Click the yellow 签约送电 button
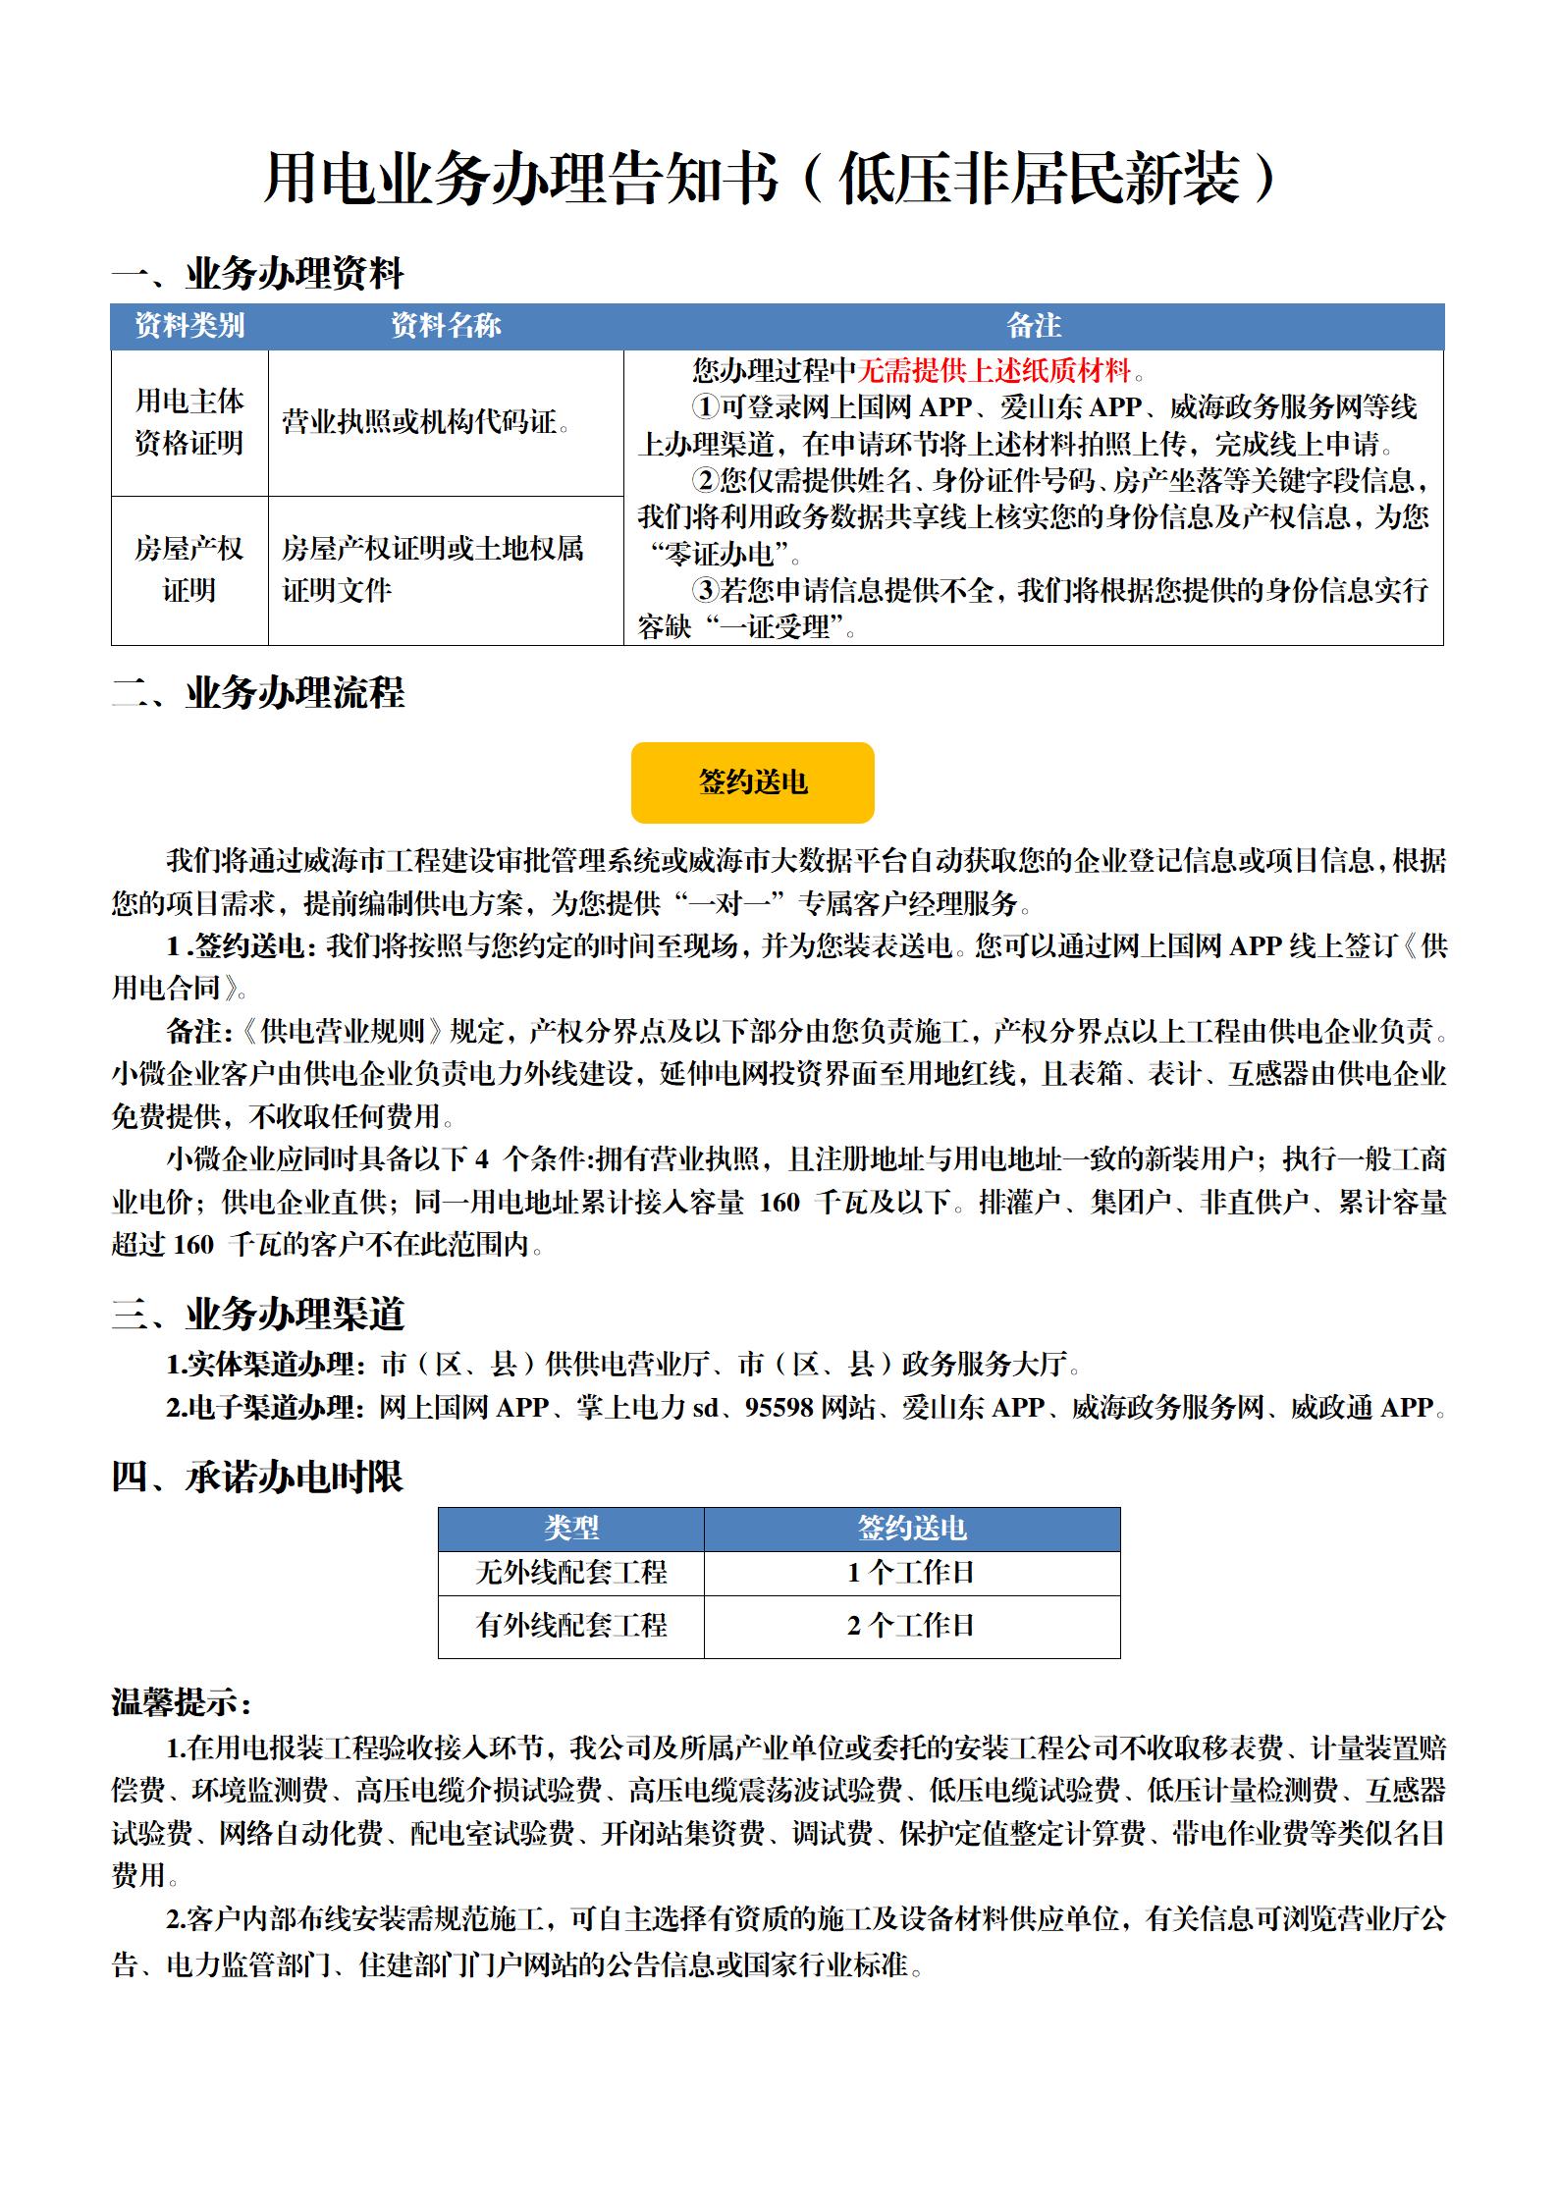click(752, 782)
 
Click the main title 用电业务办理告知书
click(521, 179)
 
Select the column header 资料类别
click(189, 326)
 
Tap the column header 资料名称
click(446, 326)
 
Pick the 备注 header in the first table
click(1034, 326)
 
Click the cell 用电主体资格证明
click(189, 422)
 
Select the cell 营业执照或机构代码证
click(426, 422)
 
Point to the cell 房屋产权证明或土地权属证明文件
click(432, 569)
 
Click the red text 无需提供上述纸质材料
click(994, 370)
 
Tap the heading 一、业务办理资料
click(257, 274)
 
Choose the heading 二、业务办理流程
click(257, 693)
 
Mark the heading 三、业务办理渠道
click(257, 1314)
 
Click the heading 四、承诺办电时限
click(257, 1477)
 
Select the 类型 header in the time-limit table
click(571, 1529)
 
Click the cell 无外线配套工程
click(571, 1573)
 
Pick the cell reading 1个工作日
click(911, 1573)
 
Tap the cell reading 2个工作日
click(911, 1626)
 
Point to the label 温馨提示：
click(183, 1702)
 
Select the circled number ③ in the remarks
click(705, 591)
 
